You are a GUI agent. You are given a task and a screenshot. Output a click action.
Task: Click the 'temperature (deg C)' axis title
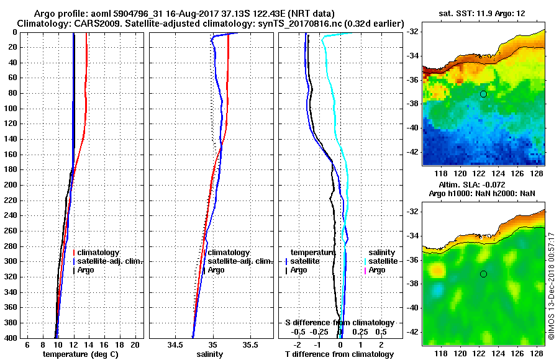(x=80, y=354)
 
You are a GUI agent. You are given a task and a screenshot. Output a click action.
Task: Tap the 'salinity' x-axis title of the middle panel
(x=210, y=354)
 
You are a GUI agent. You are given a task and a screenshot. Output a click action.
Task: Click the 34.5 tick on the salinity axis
(x=176, y=344)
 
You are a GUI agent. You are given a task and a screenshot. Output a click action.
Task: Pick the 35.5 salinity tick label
(x=250, y=344)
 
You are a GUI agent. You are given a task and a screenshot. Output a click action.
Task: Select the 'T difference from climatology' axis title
(x=340, y=354)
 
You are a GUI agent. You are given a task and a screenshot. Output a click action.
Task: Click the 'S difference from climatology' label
(x=340, y=323)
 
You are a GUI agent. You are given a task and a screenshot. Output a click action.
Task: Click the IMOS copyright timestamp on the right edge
(x=551, y=284)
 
